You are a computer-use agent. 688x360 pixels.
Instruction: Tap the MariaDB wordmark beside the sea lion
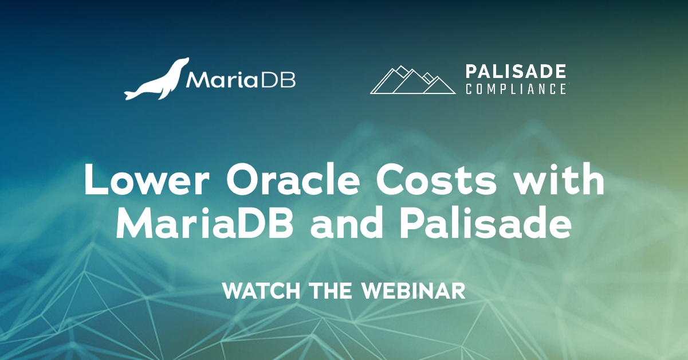[240, 80]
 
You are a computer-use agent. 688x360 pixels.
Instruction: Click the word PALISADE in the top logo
[516, 72]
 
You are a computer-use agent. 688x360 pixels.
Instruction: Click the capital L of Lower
[93, 181]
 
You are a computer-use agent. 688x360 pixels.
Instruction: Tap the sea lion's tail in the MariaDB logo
[131, 92]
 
